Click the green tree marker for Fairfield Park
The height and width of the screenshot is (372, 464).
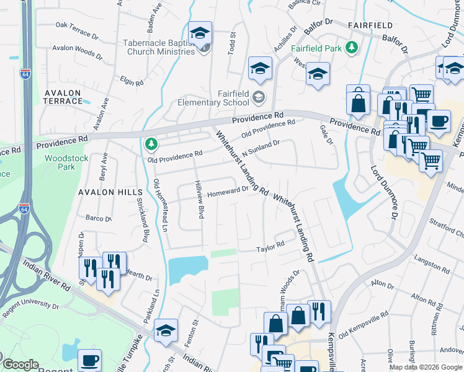[352, 46]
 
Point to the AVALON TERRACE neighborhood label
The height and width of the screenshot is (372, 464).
[62, 97]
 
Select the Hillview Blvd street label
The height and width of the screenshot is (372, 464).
[200, 203]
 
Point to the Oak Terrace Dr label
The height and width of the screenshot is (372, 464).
[78, 25]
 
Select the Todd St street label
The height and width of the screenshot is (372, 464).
[233, 44]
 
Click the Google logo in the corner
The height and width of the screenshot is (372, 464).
[20, 365]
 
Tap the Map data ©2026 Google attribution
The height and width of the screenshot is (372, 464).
[425, 367]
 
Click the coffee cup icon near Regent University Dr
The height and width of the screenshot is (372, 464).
[90, 360]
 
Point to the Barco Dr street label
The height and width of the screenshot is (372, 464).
[98, 218]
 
